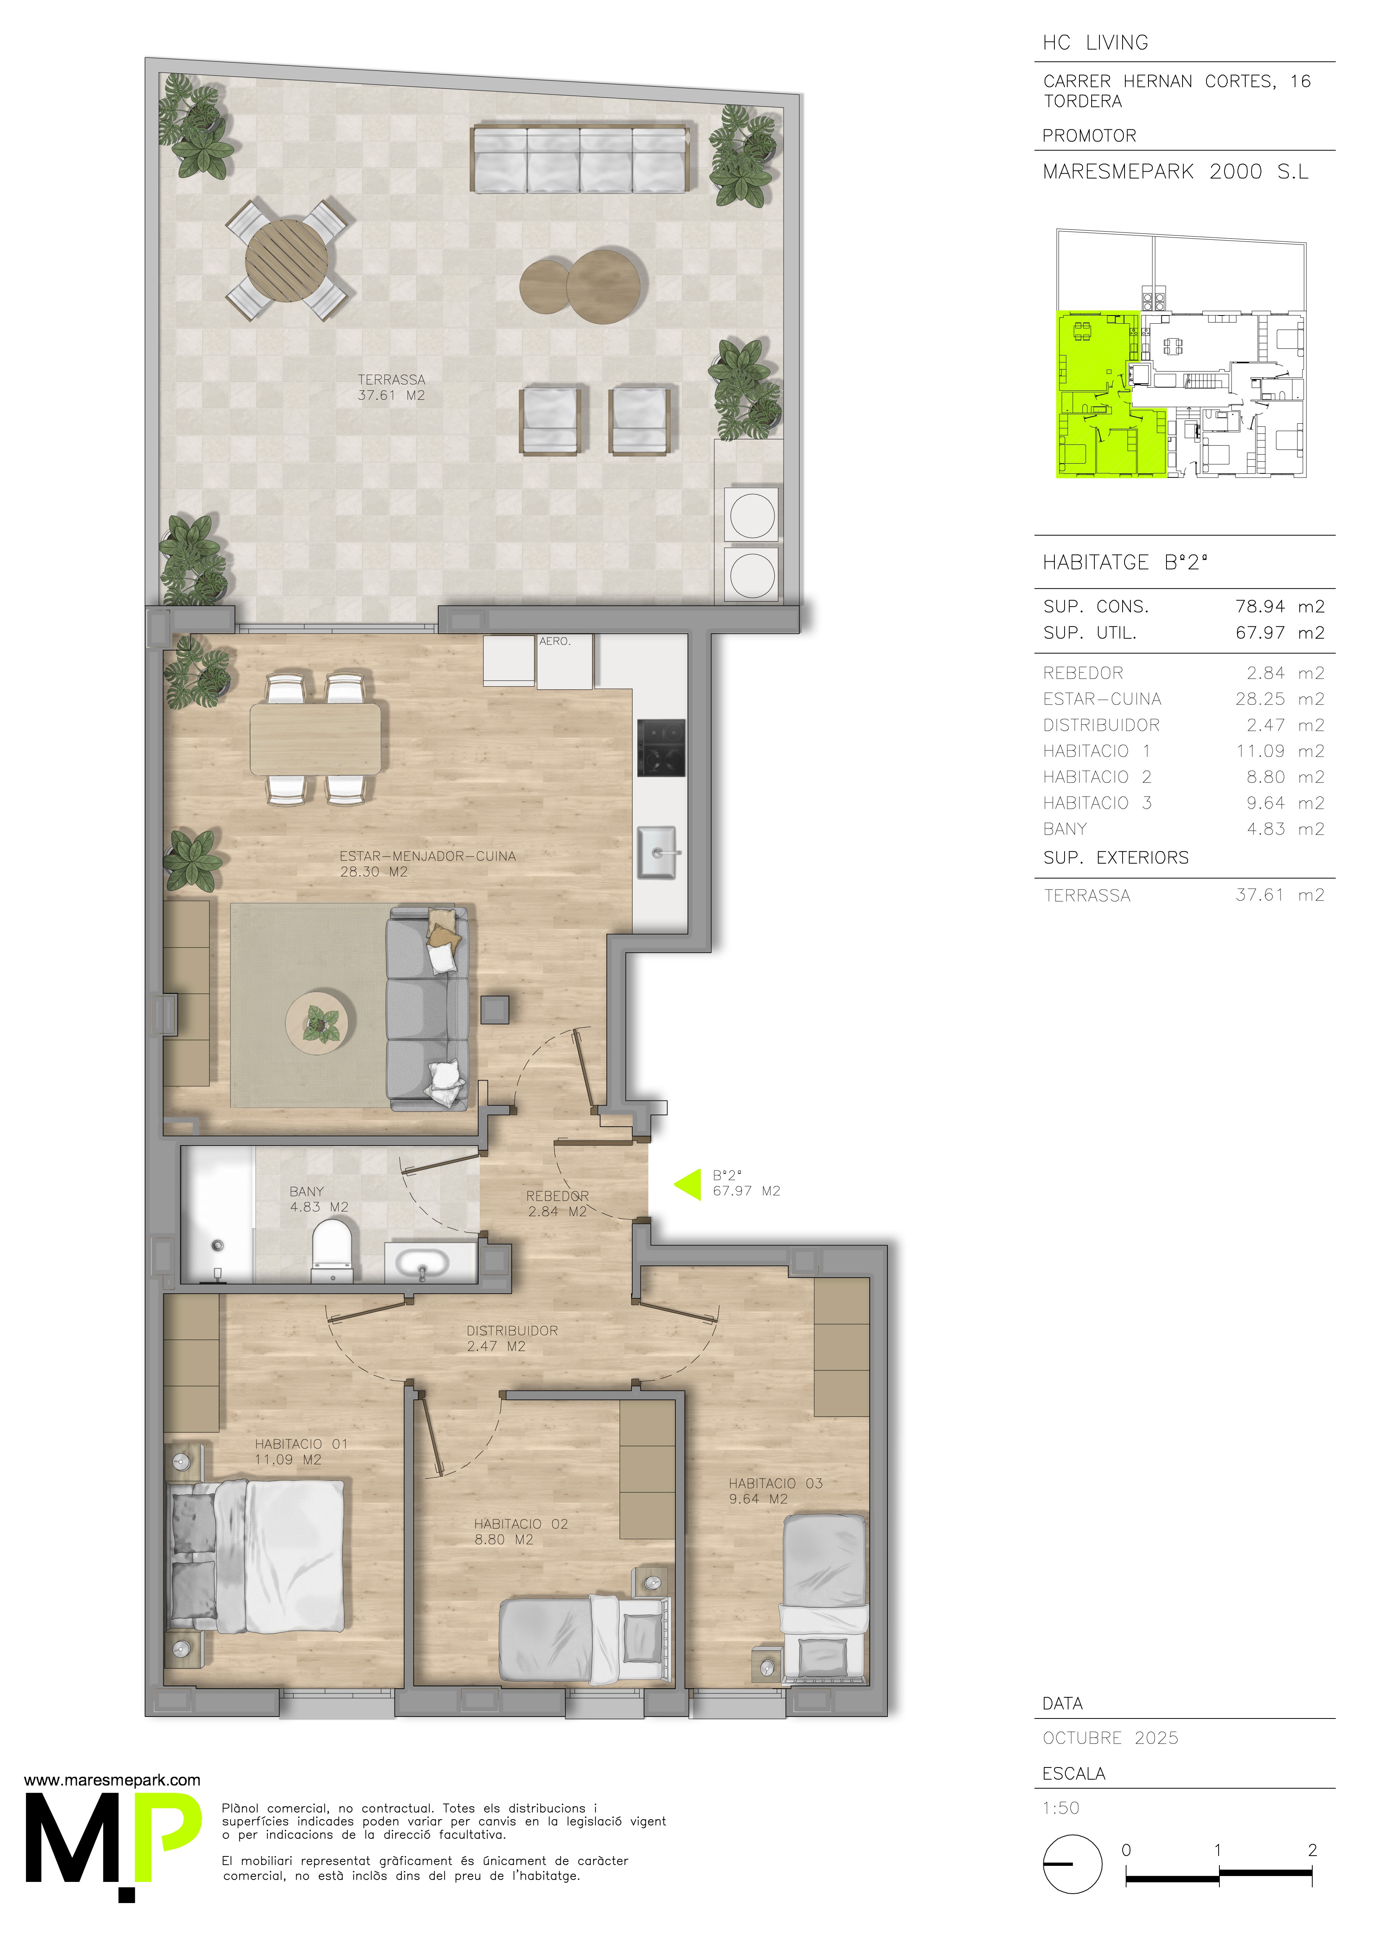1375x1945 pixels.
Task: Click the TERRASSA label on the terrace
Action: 392,379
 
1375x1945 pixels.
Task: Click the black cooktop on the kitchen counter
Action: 661,748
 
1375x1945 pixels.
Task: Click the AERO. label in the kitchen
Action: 555,641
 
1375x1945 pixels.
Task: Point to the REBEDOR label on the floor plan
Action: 557,1196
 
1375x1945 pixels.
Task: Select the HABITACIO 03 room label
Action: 775,1483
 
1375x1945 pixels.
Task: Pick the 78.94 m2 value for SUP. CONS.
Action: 1279,607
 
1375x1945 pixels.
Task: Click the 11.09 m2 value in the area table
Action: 1279,751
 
